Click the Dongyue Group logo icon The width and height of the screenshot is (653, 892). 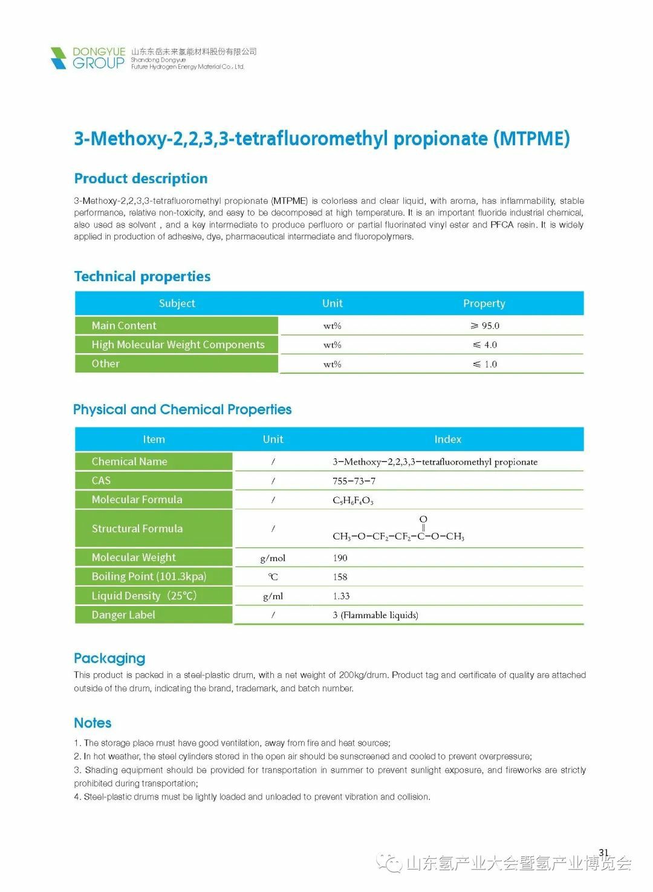[58, 58]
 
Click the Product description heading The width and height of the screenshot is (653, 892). [141, 178]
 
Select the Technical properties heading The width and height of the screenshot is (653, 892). [142, 276]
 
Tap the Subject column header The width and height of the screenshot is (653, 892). [177, 304]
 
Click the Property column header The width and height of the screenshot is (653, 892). [484, 304]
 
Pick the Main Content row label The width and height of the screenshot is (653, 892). [124, 325]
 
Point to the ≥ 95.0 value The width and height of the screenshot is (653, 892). [485, 326]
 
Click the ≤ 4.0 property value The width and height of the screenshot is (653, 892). [485, 345]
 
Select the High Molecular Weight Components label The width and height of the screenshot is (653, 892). [178, 345]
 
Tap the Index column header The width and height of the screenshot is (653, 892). [447, 440]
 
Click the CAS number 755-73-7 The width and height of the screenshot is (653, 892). [354, 481]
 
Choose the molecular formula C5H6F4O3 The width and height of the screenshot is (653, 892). [353, 500]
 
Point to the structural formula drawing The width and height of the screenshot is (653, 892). [398, 529]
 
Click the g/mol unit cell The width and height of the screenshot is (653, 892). [273, 558]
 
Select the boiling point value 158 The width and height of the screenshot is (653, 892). [340, 577]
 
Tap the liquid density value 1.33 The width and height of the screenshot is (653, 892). [341, 596]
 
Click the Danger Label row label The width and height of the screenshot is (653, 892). [123, 615]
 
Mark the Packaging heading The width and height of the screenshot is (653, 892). [109, 658]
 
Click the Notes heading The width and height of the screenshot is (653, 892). [93, 723]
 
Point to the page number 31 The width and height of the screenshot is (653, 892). [603, 853]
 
